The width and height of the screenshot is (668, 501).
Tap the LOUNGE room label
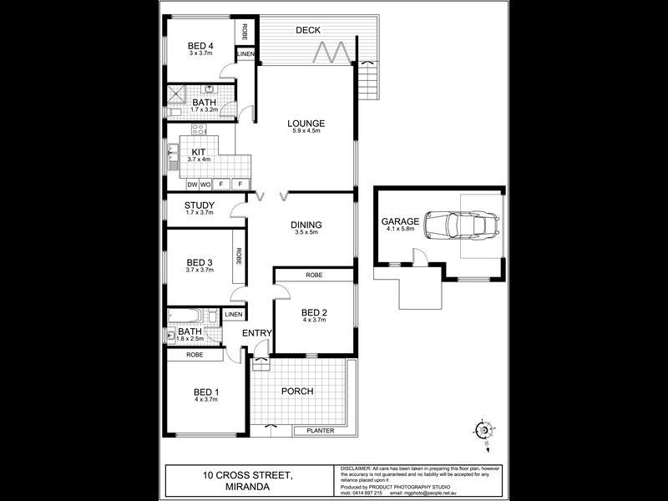click(x=307, y=124)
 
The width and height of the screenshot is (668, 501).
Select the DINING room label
click(x=307, y=225)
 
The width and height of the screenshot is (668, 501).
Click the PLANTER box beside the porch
click(x=321, y=431)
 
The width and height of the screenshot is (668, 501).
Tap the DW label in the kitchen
click(x=191, y=184)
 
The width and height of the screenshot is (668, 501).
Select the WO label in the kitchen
click(x=205, y=184)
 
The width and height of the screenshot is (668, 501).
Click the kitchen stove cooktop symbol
click(x=199, y=129)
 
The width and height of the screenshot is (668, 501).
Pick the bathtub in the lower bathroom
click(x=186, y=316)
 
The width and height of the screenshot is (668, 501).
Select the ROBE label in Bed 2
click(x=315, y=275)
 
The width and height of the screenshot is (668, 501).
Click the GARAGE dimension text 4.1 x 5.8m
click(x=400, y=230)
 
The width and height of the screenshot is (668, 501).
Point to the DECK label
click(x=308, y=30)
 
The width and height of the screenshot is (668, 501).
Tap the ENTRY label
click(x=257, y=333)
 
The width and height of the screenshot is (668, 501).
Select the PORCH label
click(x=296, y=391)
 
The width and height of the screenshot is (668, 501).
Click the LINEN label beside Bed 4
click(x=245, y=54)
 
